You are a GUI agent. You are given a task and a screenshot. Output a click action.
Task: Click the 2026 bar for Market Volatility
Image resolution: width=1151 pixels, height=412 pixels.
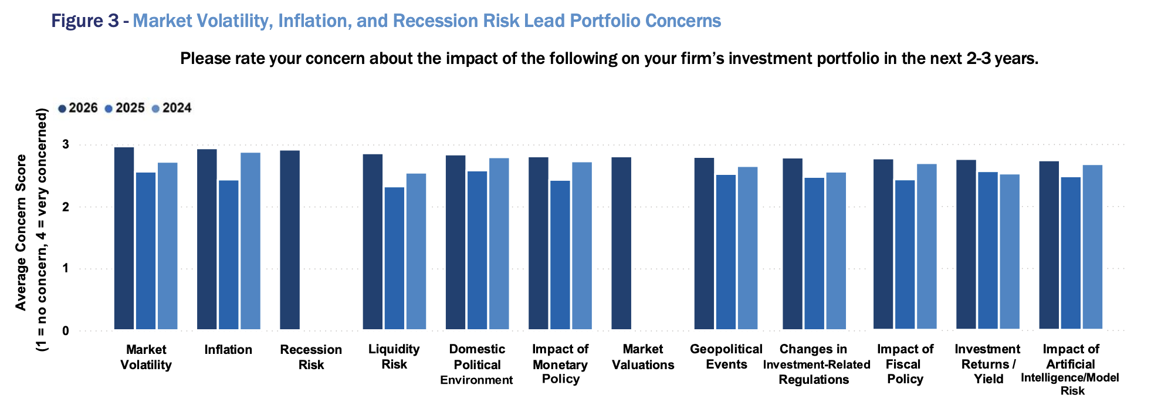click(x=124, y=238)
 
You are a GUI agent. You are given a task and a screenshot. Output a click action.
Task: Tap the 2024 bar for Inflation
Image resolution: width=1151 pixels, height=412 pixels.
click(x=250, y=241)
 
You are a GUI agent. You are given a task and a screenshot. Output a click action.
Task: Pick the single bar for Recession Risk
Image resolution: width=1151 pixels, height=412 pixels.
click(x=290, y=239)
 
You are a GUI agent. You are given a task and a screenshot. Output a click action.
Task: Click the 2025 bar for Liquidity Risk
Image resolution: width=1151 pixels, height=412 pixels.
click(x=394, y=258)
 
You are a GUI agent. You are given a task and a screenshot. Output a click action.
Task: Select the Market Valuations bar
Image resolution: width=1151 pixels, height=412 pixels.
click(x=621, y=243)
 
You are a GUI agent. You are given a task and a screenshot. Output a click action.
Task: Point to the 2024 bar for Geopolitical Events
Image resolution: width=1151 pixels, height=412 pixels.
click(x=747, y=248)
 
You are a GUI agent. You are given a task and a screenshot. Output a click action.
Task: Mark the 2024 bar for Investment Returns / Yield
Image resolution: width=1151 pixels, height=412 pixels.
click(x=1010, y=251)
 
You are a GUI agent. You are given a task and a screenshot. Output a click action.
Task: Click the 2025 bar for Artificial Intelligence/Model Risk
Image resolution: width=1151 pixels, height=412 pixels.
click(x=1071, y=253)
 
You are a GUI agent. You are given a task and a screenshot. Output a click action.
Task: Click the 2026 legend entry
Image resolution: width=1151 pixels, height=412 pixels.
click(x=78, y=108)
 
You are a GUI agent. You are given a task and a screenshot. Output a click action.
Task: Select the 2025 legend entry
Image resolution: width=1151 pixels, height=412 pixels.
click(x=125, y=108)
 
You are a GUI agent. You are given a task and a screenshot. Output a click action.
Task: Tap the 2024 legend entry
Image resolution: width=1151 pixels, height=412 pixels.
click(x=172, y=108)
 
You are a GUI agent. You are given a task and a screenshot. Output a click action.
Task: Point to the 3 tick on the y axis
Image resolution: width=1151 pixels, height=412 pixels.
click(x=66, y=144)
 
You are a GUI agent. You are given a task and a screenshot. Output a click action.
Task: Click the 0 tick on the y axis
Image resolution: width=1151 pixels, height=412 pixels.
click(x=66, y=331)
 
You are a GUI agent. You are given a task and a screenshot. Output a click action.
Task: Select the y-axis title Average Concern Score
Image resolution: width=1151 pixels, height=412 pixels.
click(x=21, y=232)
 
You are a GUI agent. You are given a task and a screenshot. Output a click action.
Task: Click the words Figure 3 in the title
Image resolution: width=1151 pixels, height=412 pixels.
click(x=86, y=21)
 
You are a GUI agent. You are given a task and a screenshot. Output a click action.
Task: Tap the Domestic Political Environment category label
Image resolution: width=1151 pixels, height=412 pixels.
click(x=476, y=364)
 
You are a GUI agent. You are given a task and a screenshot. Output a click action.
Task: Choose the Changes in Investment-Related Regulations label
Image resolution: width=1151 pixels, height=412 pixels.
click(x=816, y=364)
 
